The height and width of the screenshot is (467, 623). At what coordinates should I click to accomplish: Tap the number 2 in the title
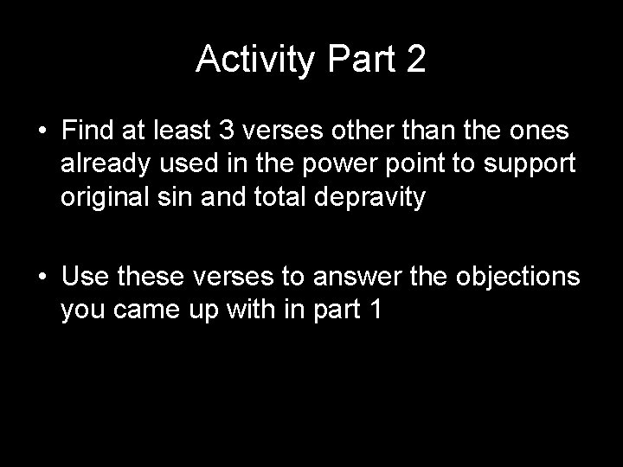click(x=414, y=59)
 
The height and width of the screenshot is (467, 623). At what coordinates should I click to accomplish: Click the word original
click(x=98, y=199)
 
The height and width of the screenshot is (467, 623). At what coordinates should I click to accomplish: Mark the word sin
click(x=160, y=198)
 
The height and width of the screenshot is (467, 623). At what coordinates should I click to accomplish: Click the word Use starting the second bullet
click(x=82, y=278)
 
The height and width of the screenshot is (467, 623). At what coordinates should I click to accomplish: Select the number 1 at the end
click(x=374, y=312)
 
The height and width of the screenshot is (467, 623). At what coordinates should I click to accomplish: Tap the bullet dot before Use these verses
click(x=42, y=278)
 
